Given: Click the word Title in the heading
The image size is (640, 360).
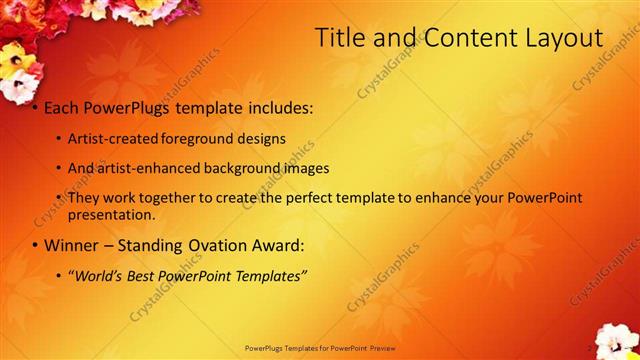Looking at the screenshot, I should coord(339,39).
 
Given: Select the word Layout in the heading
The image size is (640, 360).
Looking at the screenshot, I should coord(560,39).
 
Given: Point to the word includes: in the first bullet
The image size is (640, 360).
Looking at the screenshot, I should coord(272,106).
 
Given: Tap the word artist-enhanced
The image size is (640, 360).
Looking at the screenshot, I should coord(144,168).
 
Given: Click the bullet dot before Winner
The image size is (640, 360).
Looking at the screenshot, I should coord(35,246).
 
